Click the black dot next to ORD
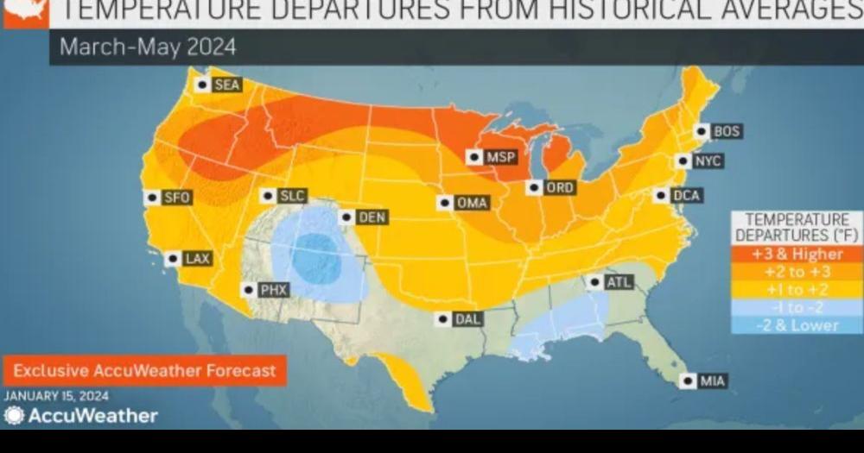pyautogui.click(x=536, y=187)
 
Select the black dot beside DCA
pyautogui.click(x=662, y=196)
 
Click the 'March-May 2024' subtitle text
pyautogui.click(x=147, y=47)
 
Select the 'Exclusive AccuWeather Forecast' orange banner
pyautogui.click(x=145, y=371)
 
